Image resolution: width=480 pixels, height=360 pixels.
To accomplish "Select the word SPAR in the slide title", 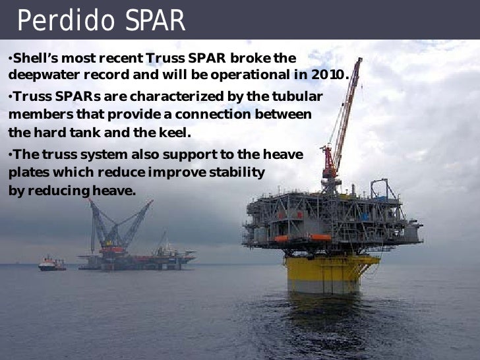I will [x=154, y=21].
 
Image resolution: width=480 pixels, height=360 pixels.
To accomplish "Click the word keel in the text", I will [x=174, y=131].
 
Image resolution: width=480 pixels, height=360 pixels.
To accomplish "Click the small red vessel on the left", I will [x=51, y=264].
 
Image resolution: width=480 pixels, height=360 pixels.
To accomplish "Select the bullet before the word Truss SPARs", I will [x=11, y=97].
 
